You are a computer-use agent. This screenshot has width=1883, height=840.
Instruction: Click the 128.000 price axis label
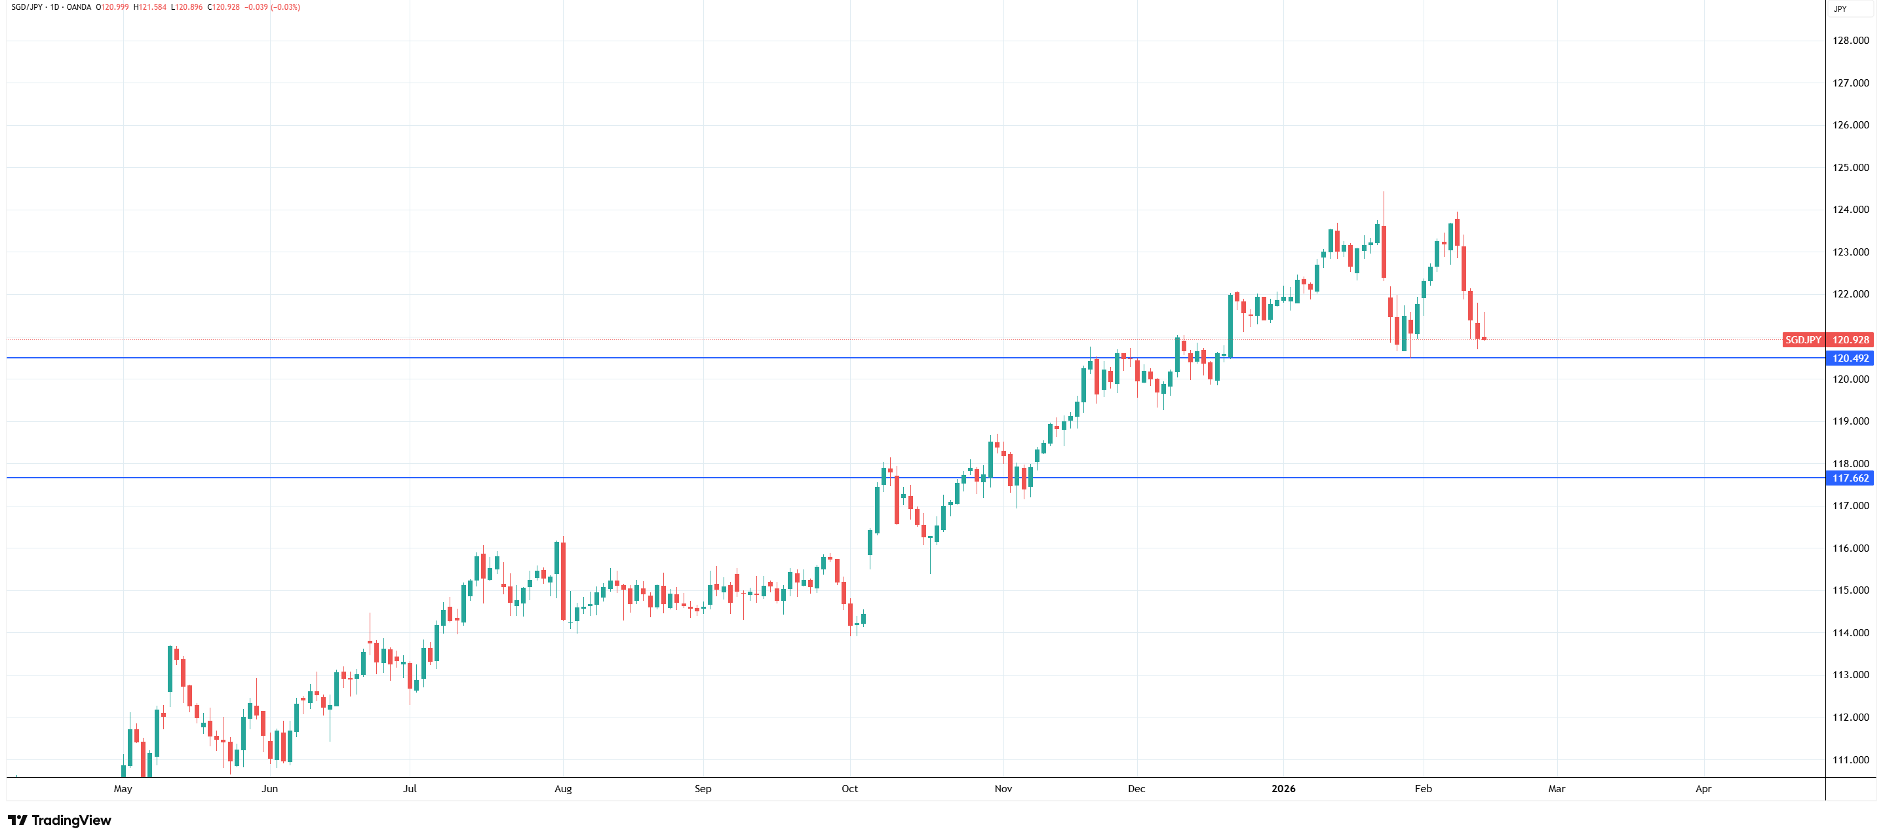pos(1850,40)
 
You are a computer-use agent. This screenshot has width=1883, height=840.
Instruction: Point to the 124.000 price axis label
pos(1850,210)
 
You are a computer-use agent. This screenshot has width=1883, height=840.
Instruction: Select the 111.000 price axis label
pos(1850,759)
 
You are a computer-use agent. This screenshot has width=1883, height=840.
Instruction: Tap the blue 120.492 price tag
pos(1850,358)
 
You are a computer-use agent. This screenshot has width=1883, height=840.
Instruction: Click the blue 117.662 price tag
pos(1850,478)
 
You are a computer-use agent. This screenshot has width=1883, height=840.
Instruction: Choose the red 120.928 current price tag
pos(1850,340)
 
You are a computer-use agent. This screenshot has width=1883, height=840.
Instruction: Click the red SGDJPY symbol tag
pos(1802,340)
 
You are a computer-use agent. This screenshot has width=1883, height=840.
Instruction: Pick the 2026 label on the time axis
pos(1283,788)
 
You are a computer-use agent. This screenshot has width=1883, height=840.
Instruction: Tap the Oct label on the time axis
pos(849,788)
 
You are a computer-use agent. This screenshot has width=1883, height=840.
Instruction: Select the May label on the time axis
pos(123,788)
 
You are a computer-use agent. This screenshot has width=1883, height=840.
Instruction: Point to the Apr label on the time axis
pos(1703,788)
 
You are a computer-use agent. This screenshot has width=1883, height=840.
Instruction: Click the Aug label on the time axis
pos(563,788)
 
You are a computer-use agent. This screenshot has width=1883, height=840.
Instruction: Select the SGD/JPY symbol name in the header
pos(27,7)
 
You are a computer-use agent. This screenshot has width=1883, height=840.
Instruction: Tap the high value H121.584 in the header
pos(150,7)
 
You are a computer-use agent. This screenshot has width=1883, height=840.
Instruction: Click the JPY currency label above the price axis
pos(1840,9)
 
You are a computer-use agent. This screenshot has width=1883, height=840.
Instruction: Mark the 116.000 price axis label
pos(1850,548)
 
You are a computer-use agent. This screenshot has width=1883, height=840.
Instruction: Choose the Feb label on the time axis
pos(1422,788)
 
